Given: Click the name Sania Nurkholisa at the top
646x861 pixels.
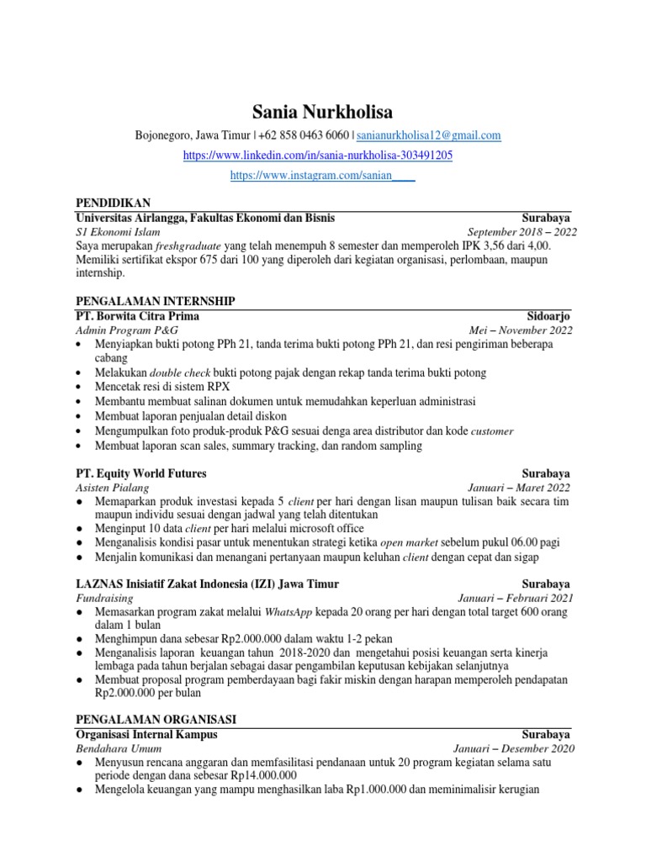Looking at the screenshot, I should coord(322,112).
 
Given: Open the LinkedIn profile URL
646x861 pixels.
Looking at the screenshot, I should coord(322,156).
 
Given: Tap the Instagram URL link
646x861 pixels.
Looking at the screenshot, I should coord(322,177).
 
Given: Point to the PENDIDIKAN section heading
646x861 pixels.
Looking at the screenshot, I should coord(113,203).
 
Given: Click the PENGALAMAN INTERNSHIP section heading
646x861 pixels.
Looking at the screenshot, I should coord(156,301).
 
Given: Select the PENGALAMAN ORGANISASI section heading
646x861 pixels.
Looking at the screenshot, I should coord(156,720).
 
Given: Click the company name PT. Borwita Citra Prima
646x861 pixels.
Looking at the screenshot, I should coord(137,316).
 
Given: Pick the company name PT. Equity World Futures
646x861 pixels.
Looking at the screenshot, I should coord(140,473).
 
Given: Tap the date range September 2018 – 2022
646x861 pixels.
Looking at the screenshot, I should coord(522,232).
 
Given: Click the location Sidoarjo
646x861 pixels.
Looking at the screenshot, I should coord(549,316).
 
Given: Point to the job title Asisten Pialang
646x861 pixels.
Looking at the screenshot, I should coord(112,488).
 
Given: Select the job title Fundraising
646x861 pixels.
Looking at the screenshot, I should coord(104,599).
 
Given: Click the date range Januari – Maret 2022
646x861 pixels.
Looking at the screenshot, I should coord(519,488).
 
